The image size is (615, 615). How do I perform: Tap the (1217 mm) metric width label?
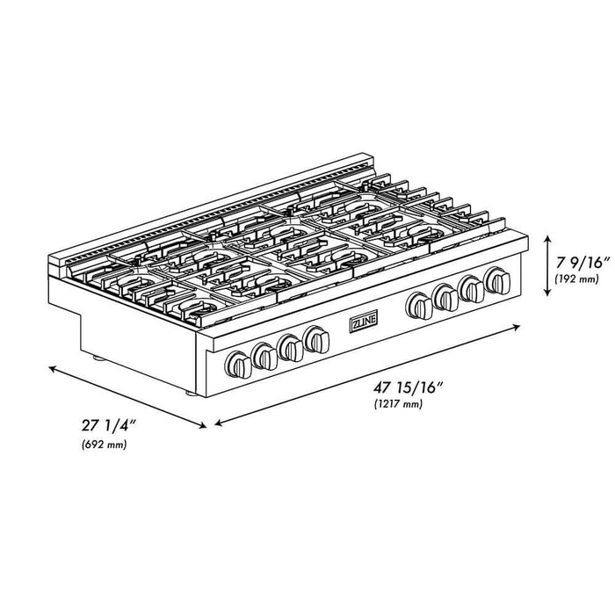(x=395, y=404)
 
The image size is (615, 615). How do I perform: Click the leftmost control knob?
(x=238, y=363)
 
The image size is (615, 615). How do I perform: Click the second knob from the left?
(x=264, y=355)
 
